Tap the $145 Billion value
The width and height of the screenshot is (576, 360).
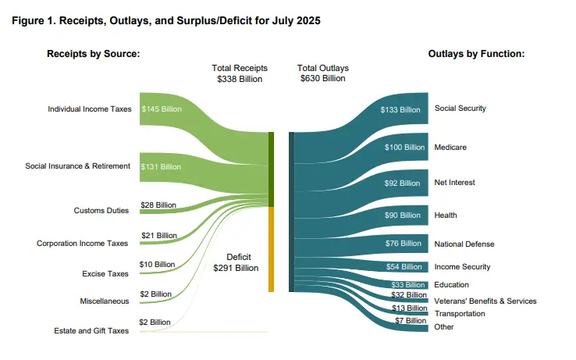(x=161, y=109)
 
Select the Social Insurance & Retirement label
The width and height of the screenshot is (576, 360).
(x=78, y=166)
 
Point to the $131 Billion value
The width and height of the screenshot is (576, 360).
(x=161, y=167)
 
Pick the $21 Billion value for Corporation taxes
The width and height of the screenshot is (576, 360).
(x=158, y=235)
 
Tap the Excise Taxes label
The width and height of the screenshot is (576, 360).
(x=107, y=273)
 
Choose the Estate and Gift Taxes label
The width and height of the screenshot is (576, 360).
(x=91, y=330)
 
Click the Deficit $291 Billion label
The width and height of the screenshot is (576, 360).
(x=235, y=262)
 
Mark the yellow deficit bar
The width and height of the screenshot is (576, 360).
(x=271, y=250)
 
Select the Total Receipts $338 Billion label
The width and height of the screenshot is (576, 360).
(x=240, y=73)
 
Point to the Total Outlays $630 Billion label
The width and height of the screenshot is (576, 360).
(x=323, y=73)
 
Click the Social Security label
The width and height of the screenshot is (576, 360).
(x=460, y=109)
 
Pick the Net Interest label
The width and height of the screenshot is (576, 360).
(x=455, y=183)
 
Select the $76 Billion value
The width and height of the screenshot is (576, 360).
(x=404, y=244)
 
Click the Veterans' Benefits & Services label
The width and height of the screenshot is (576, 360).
(x=485, y=301)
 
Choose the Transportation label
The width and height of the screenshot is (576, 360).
(x=460, y=314)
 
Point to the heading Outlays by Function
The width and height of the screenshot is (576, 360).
(x=475, y=54)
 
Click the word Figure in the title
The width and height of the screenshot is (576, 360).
(x=30, y=20)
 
